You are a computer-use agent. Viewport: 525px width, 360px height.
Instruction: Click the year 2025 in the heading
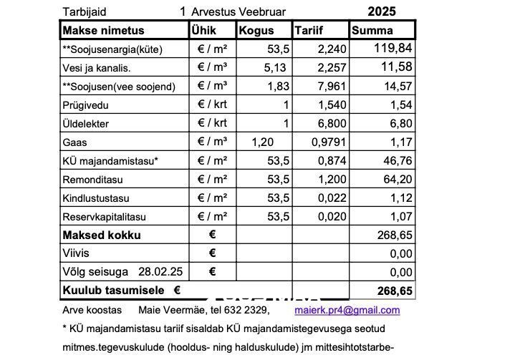(x=381, y=11)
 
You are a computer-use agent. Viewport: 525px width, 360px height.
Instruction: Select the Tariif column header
(x=309, y=31)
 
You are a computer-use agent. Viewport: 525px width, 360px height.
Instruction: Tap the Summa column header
(x=372, y=31)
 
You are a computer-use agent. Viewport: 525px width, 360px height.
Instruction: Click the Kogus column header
(x=256, y=31)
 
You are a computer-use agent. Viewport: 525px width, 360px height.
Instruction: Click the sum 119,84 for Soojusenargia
(x=393, y=49)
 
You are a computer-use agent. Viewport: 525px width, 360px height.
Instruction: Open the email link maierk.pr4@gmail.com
(x=347, y=310)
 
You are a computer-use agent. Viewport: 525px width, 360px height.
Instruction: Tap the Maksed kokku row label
(x=102, y=235)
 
